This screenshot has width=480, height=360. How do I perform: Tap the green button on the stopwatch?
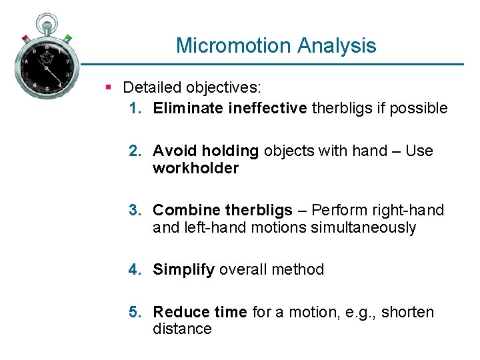(x=67, y=38)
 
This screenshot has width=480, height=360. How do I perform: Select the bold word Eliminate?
(x=183, y=109)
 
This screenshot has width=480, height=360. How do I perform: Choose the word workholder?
(x=195, y=169)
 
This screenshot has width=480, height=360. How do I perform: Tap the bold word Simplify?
(x=183, y=270)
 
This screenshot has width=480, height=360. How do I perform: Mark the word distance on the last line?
(x=182, y=329)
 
